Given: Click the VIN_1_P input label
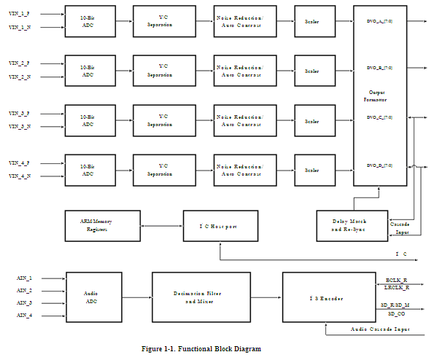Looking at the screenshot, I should [20, 14].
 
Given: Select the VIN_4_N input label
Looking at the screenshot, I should [20, 176].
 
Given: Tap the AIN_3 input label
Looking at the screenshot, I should [25, 302].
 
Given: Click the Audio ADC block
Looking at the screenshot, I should [93, 297].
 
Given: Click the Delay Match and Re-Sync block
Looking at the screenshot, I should [349, 225].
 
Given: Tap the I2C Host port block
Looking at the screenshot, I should [220, 227].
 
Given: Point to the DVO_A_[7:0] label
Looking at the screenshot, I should [379, 22].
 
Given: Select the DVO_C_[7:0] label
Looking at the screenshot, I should [379, 117].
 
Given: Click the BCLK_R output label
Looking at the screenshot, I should [397, 281].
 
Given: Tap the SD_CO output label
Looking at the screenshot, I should [395, 313].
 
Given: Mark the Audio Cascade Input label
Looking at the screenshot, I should [380, 330].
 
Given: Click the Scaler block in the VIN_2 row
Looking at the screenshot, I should [311, 71].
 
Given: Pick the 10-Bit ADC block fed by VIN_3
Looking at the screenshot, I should [88, 121].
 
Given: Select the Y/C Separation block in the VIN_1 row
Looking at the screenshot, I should [163, 22].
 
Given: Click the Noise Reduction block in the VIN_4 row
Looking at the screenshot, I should [240, 171].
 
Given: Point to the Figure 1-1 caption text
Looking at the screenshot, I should [201, 349].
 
